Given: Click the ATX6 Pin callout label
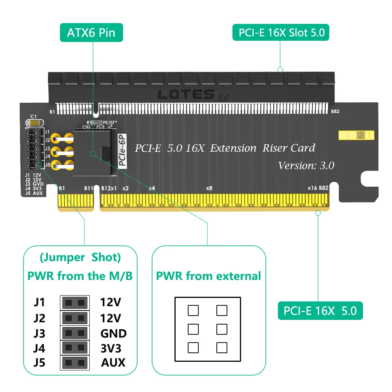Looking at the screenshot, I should (x=91, y=33).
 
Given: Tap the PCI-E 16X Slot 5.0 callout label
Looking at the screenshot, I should (x=281, y=33).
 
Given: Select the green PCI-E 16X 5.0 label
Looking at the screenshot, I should (x=320, y=311).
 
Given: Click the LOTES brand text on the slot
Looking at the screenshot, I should (x=185, y=94).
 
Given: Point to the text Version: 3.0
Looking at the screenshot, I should (x=306, y=165).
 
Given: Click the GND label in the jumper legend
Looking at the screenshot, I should (x=113, y=334).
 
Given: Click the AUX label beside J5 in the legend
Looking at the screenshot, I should (x=113, y=363).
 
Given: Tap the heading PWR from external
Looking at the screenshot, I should (x=208, y=276).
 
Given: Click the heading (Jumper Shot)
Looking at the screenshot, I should (x=80, y=258).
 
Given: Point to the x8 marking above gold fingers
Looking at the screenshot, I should (x=209, y=188).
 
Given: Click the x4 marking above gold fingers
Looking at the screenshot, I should (x=152, y=188).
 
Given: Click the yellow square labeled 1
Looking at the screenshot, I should (x=370, y=136).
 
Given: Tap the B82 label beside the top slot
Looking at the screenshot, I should (x=335, y=111).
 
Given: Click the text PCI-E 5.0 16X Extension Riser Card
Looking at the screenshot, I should (x=225, y=148).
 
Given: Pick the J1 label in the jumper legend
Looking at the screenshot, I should (x=39, y=302).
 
